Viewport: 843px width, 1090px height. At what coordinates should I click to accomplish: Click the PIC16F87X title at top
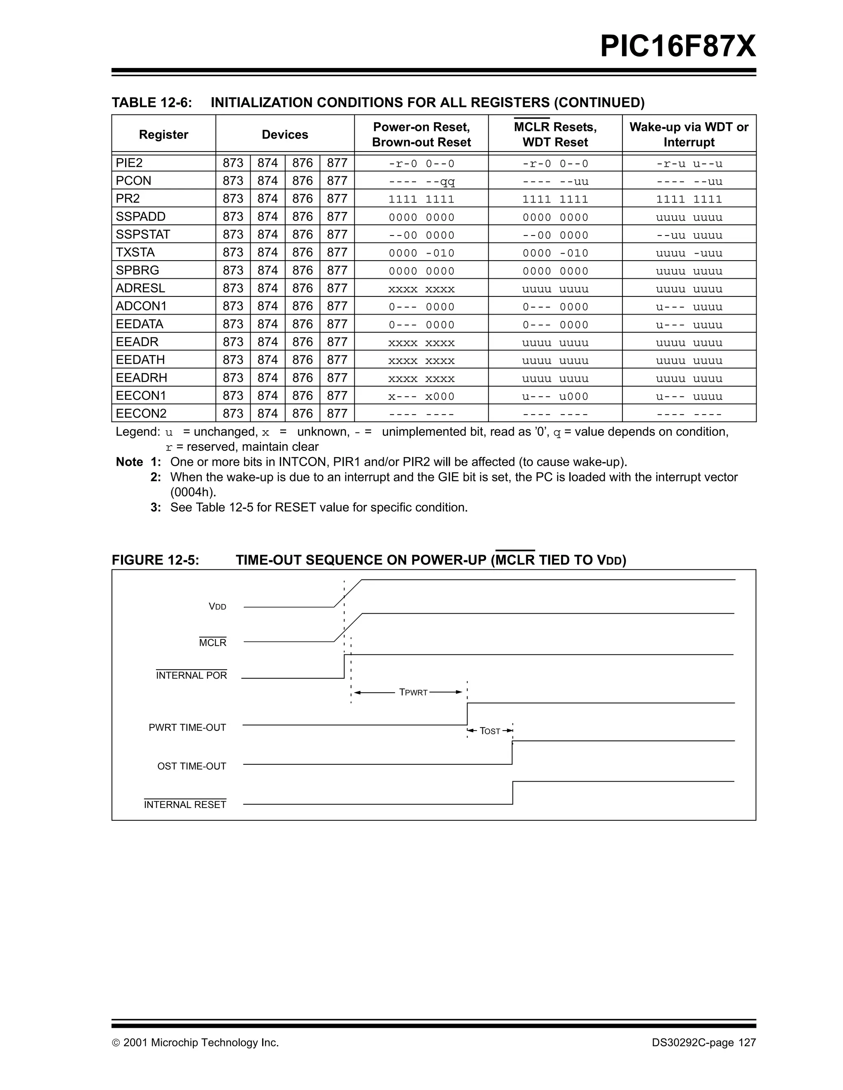[678, 47]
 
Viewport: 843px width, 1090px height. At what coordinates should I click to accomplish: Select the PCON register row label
[133, 181]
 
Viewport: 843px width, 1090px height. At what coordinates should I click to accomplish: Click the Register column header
[163, 135]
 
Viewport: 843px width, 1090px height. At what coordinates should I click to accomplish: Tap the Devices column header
[285, 135]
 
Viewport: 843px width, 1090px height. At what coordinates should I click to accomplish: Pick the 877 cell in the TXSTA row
[337, 252]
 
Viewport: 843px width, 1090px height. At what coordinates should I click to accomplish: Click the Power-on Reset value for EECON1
[421, 396]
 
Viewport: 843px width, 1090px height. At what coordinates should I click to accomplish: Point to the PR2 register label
[128, 198]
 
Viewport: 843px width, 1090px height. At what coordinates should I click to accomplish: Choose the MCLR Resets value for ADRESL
[555, 289]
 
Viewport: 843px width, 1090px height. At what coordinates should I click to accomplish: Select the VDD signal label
[217, 607]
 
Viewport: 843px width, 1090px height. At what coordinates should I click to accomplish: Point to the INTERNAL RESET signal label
[185, 805]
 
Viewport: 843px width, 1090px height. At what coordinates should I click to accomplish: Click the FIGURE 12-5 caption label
[155, 560]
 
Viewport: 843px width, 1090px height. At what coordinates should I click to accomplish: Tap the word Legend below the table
[137, 432]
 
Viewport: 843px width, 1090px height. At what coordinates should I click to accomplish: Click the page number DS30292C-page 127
[703, 1043]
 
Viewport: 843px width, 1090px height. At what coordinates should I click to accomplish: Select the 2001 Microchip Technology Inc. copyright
[195, 1043]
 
